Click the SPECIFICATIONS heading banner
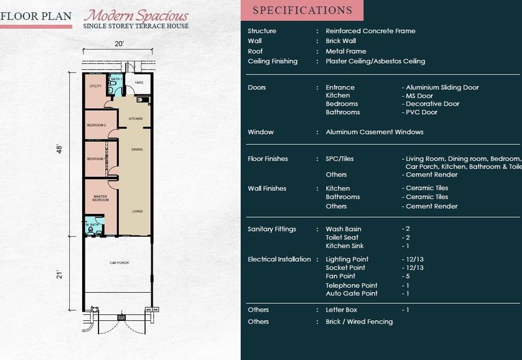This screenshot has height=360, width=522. tap(301, 10)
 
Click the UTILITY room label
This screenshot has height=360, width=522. tap(95, 85)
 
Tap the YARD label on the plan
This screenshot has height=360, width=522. tap(138, 83)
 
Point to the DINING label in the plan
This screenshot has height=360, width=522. tap(137, 149)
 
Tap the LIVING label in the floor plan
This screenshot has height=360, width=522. tap(138, 211)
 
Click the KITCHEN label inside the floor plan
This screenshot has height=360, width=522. tap(136, 118)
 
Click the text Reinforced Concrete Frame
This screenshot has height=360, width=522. tap(370, 31)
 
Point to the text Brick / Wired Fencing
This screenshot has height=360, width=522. tap(359, 322)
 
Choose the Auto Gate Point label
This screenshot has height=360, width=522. tap(351, 293)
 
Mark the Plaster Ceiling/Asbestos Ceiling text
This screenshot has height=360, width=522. tap(375, 61)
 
